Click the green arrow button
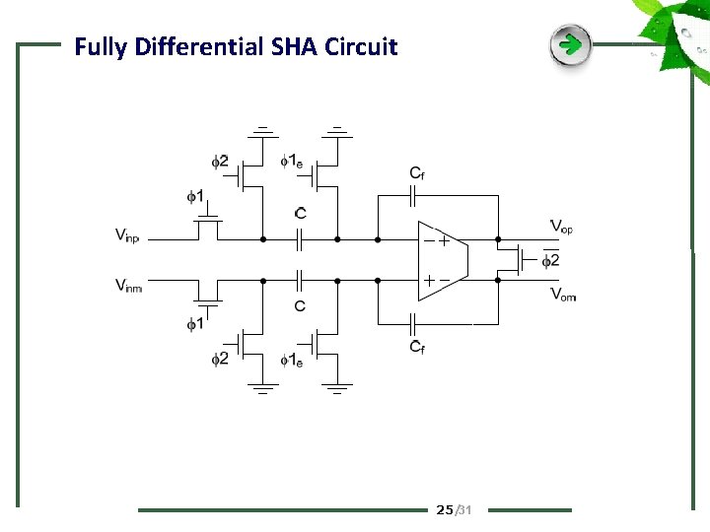[570, 45]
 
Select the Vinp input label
[127, 234]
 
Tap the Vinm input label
[128, 286]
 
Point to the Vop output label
[561, 228]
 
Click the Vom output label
[562, 294]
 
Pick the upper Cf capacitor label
[418, 173]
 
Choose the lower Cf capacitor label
[418, 346]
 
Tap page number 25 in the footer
[445, 509]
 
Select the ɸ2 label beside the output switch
[550, 260]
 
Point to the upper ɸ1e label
[292, 161]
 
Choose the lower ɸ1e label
[292, 360]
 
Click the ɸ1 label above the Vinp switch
[195, 196]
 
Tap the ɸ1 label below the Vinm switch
[195, 323]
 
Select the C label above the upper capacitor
[300, 213]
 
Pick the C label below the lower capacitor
[300, 306]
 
